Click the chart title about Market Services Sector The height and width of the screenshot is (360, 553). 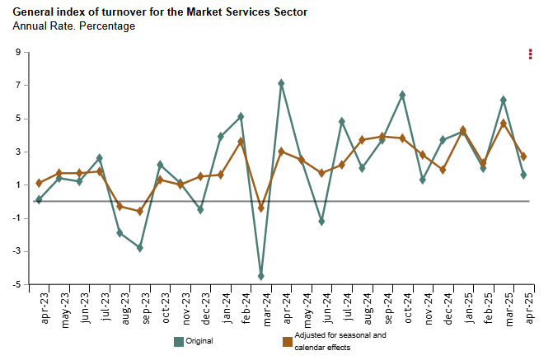(161, 12)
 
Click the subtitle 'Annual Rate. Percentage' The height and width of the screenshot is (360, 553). (74, 26)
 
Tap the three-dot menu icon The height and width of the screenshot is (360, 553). (531, 54)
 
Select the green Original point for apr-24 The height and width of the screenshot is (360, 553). (281, 83)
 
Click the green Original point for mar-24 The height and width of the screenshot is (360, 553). (261, 276)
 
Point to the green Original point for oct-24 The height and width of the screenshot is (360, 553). (402, 95)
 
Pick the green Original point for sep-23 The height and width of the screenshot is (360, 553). (140, 248)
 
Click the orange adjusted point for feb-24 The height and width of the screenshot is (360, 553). (241, 142)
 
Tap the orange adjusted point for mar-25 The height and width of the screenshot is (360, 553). (503, 124)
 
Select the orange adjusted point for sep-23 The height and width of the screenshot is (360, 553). (140, 212)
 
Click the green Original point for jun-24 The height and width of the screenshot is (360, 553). (321, 222)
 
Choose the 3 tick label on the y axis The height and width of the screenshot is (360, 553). (16, 152)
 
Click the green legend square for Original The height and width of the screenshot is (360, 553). (179, 341)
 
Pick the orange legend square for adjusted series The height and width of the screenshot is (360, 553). (288, 341)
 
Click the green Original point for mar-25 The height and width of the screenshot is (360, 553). (503, 100)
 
